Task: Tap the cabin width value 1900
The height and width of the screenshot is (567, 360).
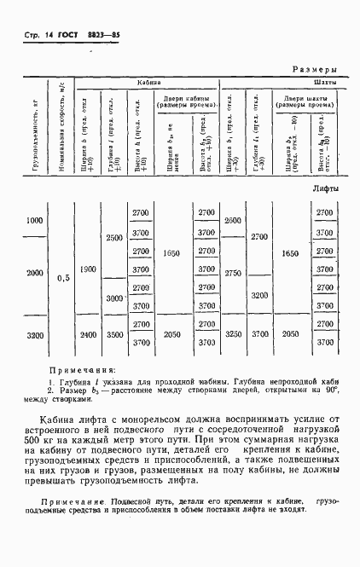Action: point(87,269)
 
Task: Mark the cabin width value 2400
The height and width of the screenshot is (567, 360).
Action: point(87,335)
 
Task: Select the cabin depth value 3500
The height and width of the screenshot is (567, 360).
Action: point(114,335)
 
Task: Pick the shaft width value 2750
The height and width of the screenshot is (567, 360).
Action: point(233,273)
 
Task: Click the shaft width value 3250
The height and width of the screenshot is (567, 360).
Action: point(233,335)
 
